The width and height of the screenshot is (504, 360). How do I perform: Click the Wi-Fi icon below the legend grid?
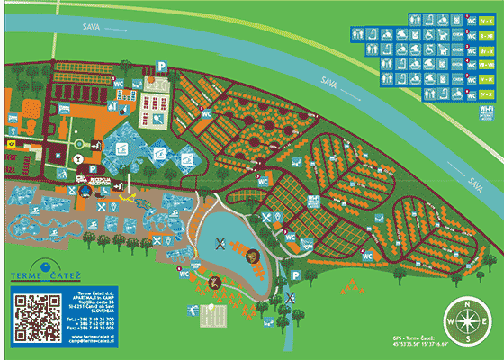coord(486,112)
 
